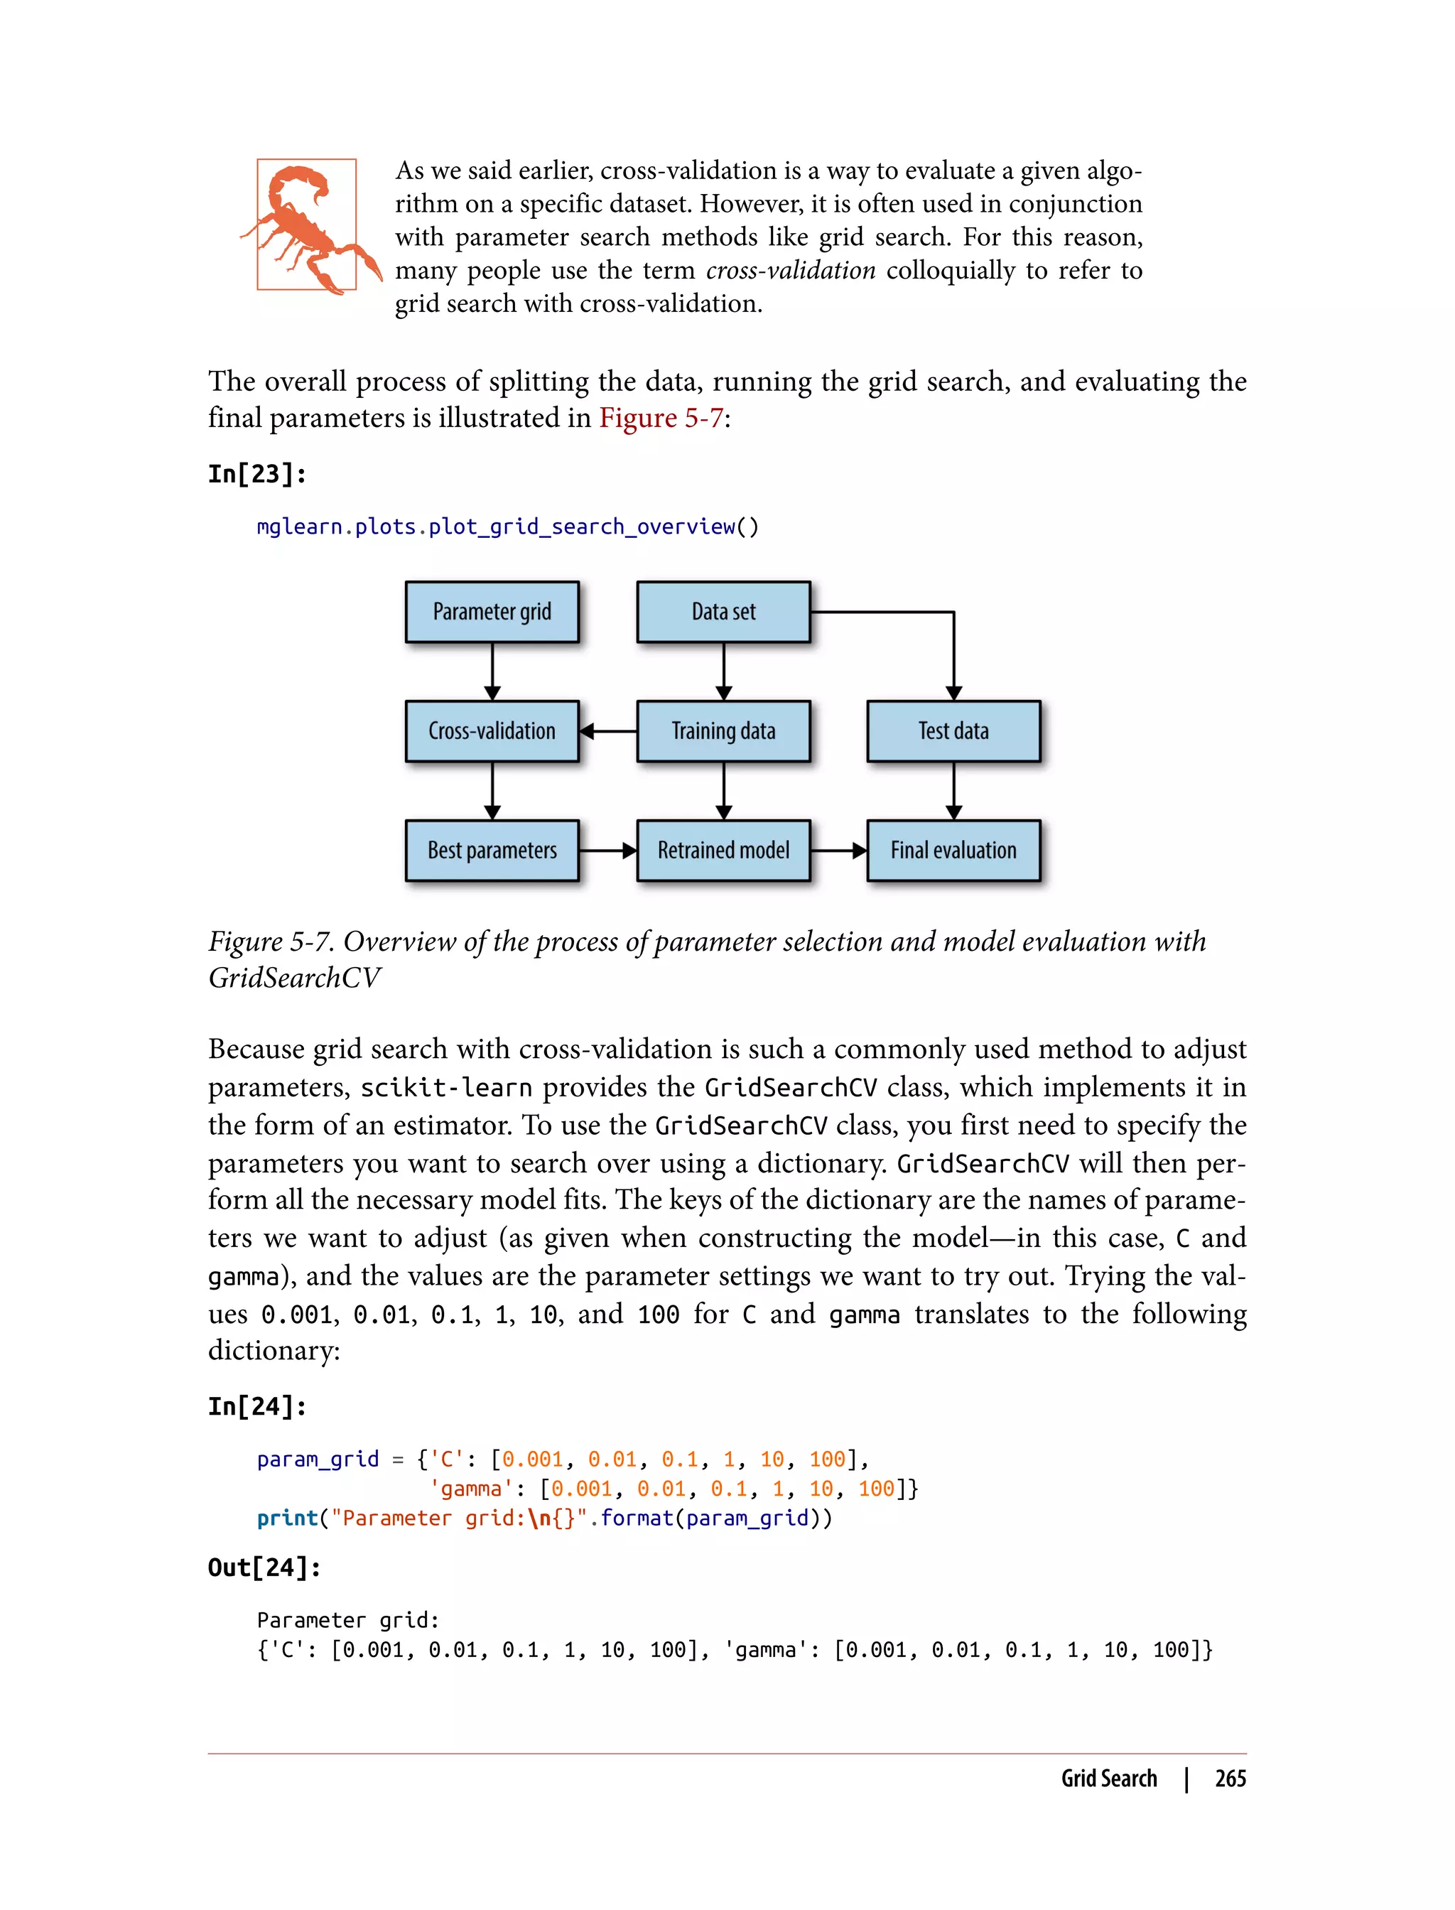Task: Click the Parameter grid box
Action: [492, 612]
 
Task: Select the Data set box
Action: [723, 612]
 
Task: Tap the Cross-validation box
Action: [492, 731]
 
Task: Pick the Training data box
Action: [723, 731]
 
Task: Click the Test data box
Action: [953, 731]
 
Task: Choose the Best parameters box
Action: [492, 851]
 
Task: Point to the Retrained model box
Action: [723, 851]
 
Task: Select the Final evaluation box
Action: [953, 851]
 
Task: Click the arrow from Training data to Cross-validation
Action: [608, 731]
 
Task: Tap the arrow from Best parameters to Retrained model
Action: [608, 851]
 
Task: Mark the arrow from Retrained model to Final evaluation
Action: [838, 851]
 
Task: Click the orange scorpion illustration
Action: [308, 227]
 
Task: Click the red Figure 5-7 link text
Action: [661, 419]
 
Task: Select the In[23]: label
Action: [256, 474]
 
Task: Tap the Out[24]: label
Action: [264, 1567]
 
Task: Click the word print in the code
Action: [288, 1518]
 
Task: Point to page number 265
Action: [1230, 1779]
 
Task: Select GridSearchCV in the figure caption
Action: [294, 978]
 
